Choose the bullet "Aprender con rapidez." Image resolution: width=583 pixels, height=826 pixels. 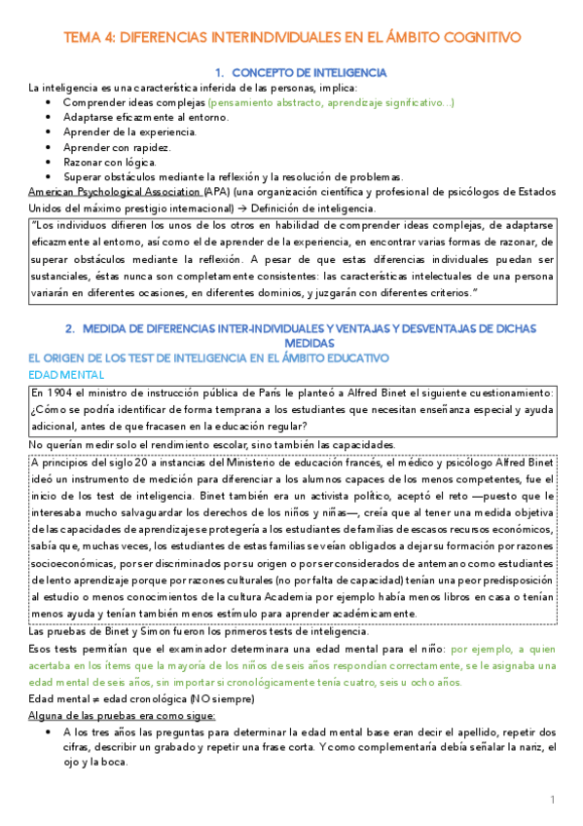point(117,147)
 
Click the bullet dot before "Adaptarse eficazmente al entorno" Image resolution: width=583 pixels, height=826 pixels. point(49,117)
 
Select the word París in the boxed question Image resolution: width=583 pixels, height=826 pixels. point(256,393)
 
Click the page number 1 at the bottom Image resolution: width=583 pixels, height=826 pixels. point(552,800)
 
